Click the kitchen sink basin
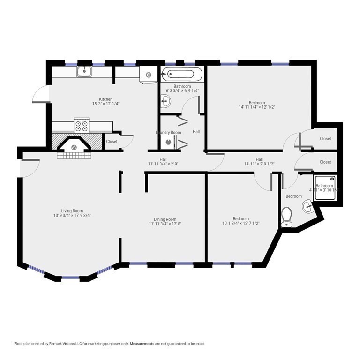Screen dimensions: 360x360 click(84, 71)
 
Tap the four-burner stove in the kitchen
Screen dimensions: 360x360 click(81, 126)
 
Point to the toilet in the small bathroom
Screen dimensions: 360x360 click(287, 217)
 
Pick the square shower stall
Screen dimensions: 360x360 click(325, 187)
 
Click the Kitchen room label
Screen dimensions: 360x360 click(105, 99)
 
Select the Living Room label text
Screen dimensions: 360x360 click(72, 210)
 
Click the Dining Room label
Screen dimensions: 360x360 click(165, 219)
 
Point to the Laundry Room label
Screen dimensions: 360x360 click(168, 133)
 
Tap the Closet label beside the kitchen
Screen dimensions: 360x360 click(112, 141)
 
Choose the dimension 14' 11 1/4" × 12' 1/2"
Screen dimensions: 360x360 click(256, 107)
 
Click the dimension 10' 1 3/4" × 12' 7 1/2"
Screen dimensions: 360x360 click(240, 224)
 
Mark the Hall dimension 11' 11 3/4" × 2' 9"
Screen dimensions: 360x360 click(163, 164)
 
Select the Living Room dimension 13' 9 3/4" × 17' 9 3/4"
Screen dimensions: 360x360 click(72, 216)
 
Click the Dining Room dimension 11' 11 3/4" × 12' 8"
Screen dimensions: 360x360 click(165, 224)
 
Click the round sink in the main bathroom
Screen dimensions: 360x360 click(165, 100)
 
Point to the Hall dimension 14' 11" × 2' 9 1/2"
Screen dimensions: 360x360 click(259, 164)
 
